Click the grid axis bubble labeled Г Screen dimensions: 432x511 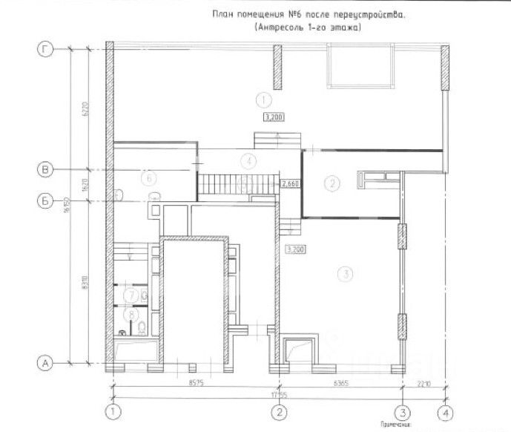tap(47, 50)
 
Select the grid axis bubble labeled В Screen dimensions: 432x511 tap(47, 170)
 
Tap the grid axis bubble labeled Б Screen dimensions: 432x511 tap(47, 199)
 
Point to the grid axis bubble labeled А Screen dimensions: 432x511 tap(47, 363)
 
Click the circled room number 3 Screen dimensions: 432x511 tap(343, 274)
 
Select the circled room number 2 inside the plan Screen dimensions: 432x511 tap(333, 183)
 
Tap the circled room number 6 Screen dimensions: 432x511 tap(148, 178)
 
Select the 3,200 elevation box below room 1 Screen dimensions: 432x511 tap(274, 117)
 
